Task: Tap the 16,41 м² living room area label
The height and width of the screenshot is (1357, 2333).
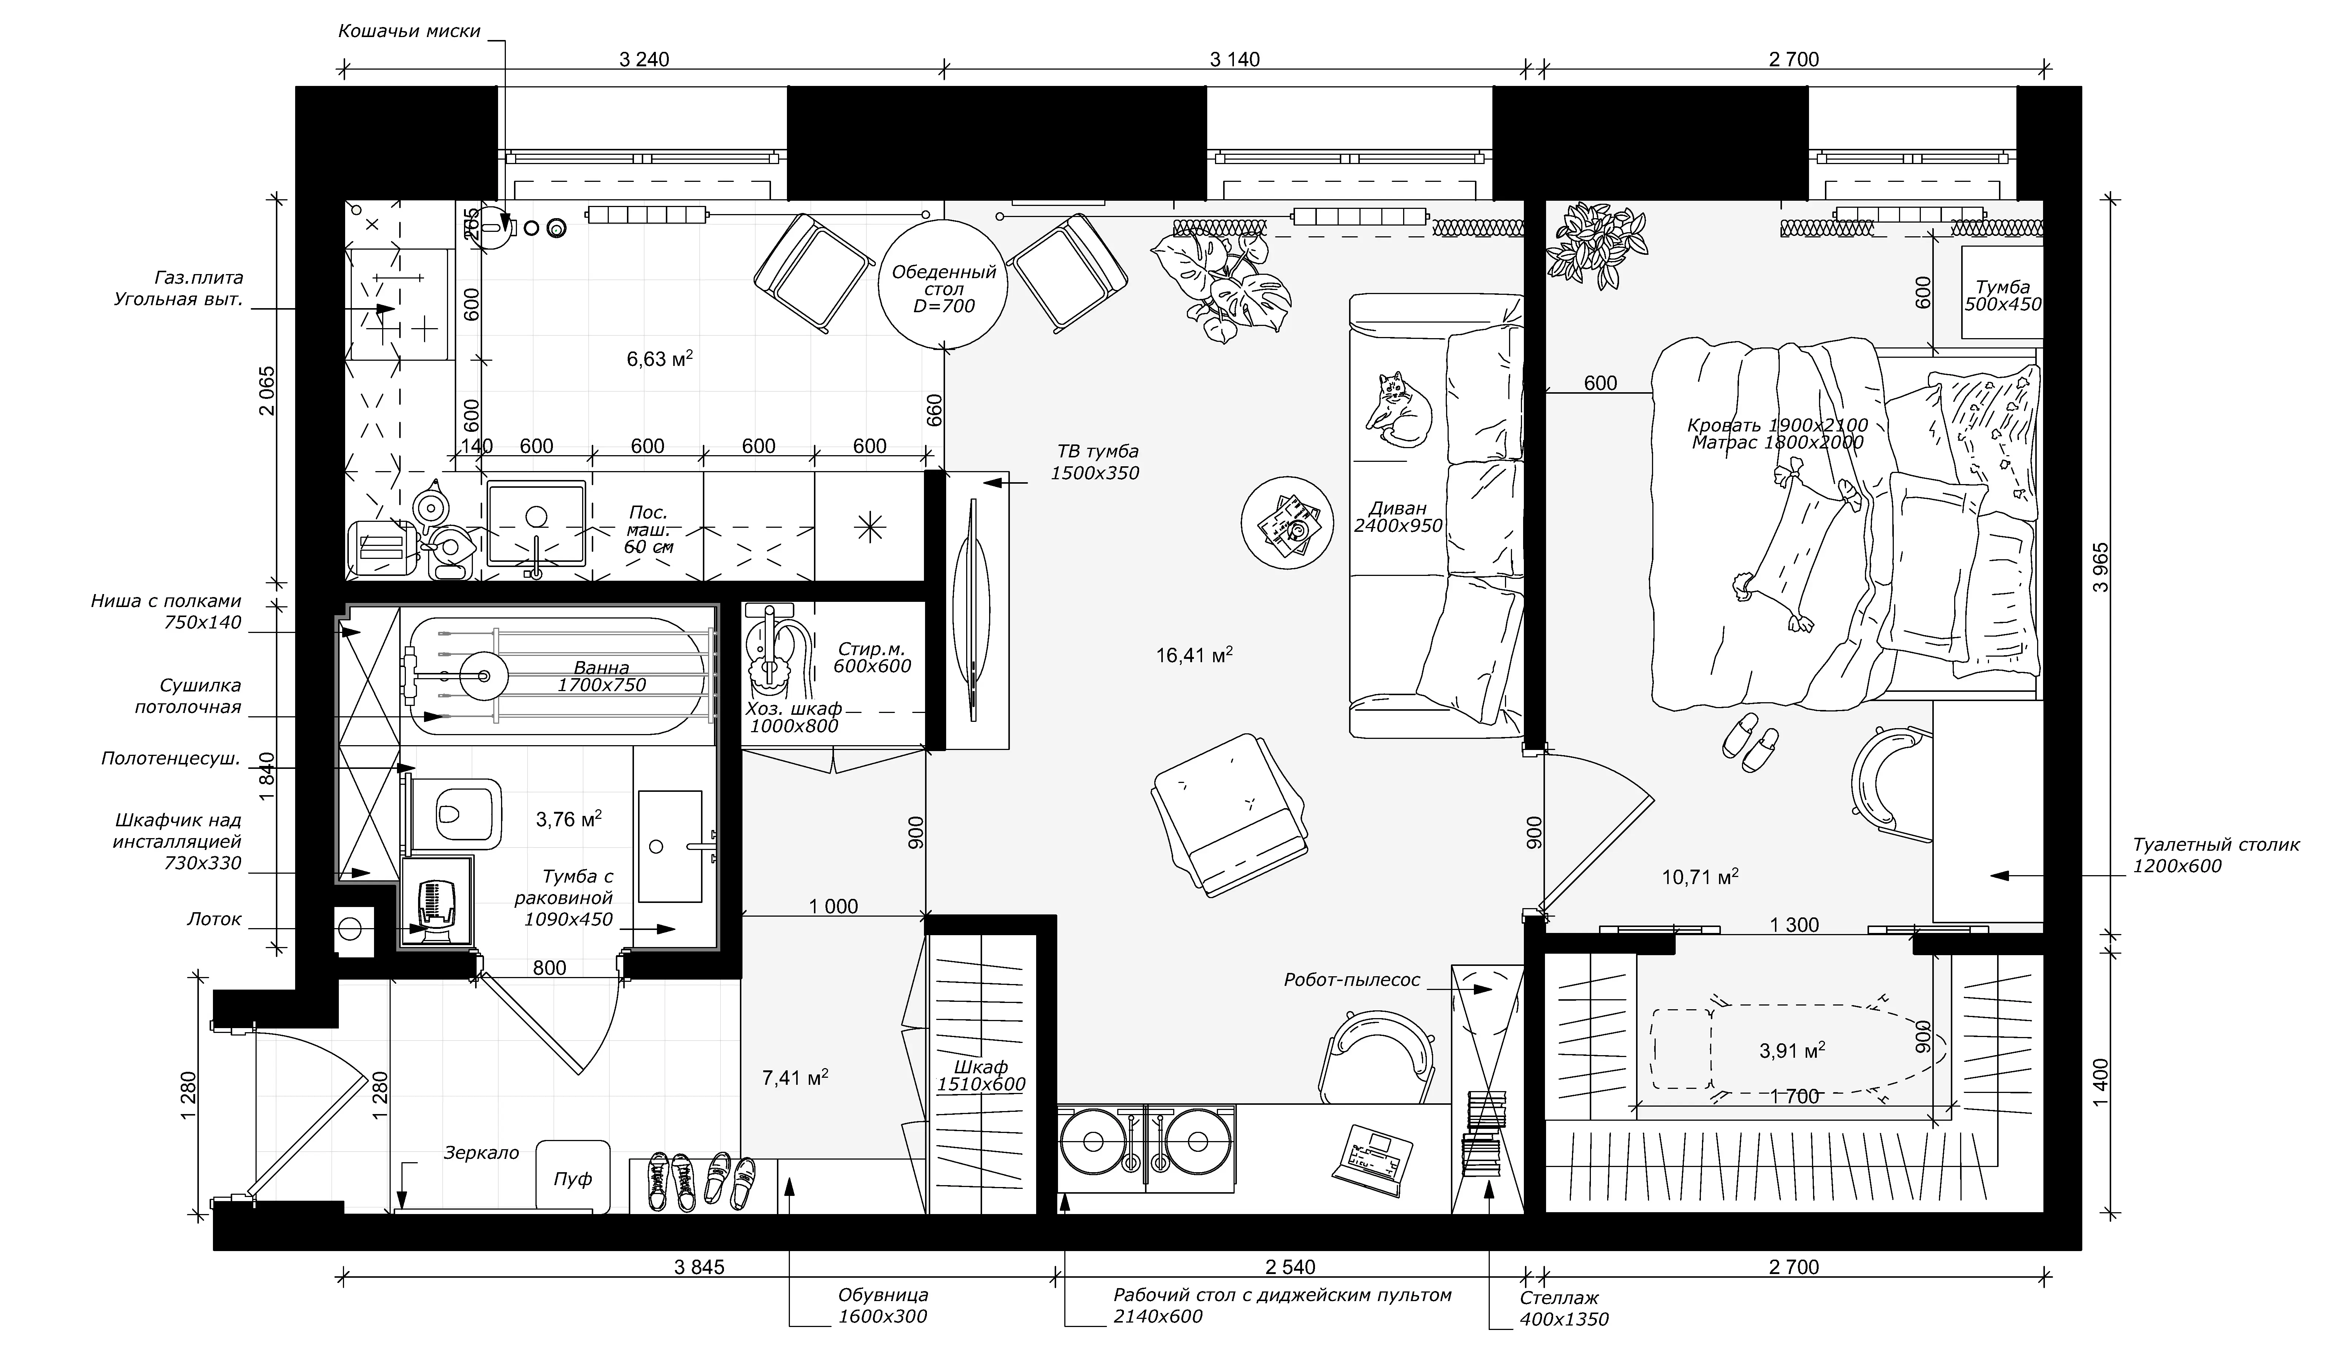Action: click(x=1193, y=656)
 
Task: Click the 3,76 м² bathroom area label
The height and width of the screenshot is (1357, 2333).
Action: click(x=568, y=819)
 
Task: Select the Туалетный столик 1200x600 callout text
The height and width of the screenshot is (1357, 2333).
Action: click(x=2214, y=855)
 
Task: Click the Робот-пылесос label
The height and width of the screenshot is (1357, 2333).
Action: click(x=1352, y=979)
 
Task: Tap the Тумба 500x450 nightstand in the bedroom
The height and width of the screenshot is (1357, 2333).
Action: click(x=2003, y=291)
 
